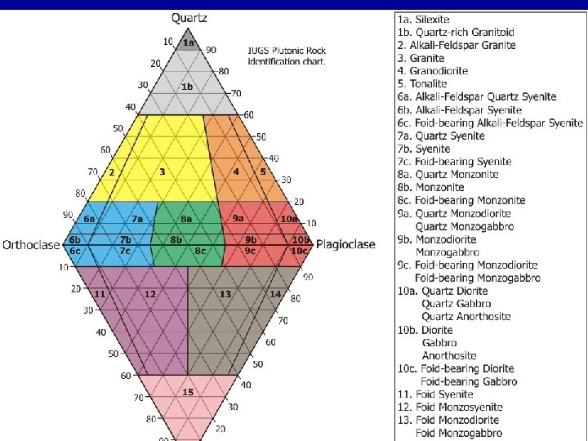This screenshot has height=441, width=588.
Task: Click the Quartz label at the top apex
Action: coord(189,18)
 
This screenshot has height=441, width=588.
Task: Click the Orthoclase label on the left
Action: coord(31,244)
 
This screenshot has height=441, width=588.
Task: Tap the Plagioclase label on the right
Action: coord(345,244)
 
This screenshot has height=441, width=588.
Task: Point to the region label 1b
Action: coord(187,87)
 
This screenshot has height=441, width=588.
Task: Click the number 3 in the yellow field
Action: coord(163,171)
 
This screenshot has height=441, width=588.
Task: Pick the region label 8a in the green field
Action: coord(186,219)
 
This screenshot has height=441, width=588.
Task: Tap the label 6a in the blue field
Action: coord(89,219)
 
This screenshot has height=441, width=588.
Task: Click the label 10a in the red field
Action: coord(288,219)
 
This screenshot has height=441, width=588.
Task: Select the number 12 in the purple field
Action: coord(150,293)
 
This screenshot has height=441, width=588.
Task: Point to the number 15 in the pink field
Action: coord(188,392)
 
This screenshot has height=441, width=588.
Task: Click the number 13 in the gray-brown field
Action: coord(225,293)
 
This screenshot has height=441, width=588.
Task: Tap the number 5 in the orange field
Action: coord(263,171)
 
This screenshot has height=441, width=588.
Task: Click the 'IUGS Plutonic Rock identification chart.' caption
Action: coord(287,56)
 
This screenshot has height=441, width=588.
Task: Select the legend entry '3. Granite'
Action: coord(421,58)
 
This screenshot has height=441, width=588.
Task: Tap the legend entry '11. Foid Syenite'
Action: coord(437,394)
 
